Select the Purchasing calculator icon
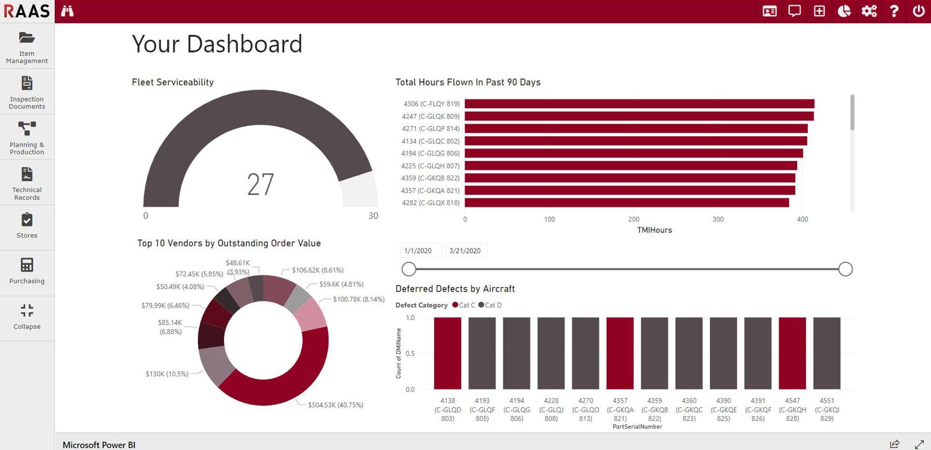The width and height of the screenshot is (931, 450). coord(27,265)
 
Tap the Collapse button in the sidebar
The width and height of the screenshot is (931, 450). coord(27,317)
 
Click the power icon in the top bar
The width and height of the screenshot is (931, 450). coord(918,11)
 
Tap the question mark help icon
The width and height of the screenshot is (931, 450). coord(894,11)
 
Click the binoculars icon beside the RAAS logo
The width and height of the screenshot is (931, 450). coord(67,11)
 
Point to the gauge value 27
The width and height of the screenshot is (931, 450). coord(260,184)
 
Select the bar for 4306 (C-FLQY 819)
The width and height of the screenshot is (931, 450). coord(639,104)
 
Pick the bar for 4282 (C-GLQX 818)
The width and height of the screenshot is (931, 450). coord(627,203)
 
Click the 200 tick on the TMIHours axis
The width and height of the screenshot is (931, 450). coord(634,219)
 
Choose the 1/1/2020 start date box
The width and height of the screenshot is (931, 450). coord(418,251)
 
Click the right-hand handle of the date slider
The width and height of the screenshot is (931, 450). coord(845,269)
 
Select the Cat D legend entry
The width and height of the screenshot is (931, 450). coord(490,305)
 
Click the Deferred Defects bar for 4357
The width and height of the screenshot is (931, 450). coord(620,353)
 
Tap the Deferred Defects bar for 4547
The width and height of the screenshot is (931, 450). coord(792,353)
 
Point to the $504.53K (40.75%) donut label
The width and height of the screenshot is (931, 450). coord(336,405)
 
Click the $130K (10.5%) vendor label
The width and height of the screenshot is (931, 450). coord(167,374)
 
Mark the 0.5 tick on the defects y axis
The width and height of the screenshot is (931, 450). coord(410,354)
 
